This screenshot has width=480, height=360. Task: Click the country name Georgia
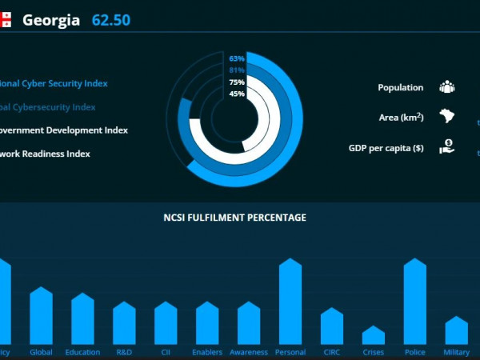coord(51,19)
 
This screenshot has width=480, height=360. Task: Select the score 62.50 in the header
coord(111,19)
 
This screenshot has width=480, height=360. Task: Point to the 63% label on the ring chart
coord(237,58)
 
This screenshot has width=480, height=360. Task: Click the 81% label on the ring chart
coord(237,70)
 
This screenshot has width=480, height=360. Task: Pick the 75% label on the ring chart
coord(237,82)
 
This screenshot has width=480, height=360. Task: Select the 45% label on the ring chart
coord(237,94)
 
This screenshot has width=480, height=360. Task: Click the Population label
coord(401,88)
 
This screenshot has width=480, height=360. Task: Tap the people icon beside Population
coord(446,87)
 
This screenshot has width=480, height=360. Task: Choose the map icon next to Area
coord(446,117)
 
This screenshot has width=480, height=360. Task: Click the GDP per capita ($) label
coord(386,148)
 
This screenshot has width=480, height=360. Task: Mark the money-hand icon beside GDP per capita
coord(446,147)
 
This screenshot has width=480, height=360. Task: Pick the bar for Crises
coord(374,335)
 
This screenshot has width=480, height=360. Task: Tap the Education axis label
coord(82,352)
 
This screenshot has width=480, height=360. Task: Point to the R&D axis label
coord(124,352)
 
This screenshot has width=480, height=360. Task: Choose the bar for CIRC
coord(332,326)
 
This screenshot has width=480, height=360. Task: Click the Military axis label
coord(456,352)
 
